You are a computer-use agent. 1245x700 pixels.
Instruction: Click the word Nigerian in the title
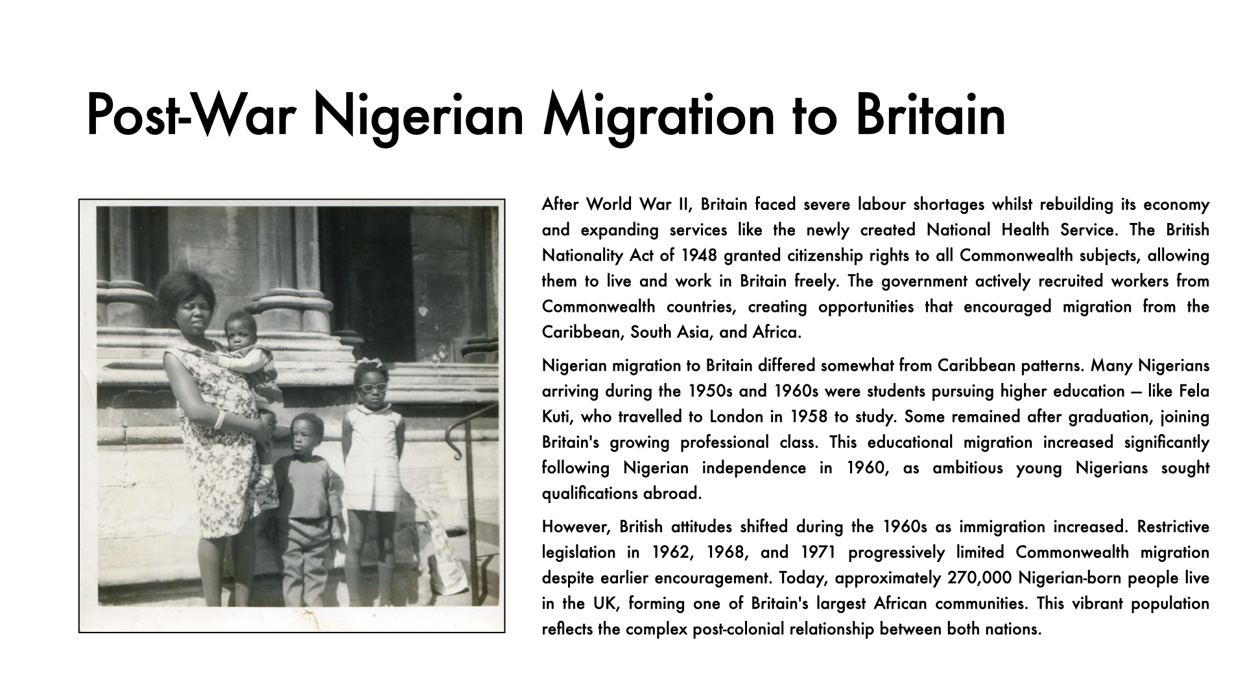pyautogui.click(x=418, y=115)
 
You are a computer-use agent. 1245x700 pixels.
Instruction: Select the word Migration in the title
pyautogui.click(x=659, y=115)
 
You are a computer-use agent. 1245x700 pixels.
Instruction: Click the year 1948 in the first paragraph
pyautogui.click(x=698, y=255)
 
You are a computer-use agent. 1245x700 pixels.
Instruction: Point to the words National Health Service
pyautogui.click(x=1021, y=230)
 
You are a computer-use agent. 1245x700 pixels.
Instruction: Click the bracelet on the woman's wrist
pyautogui.click(x=220, y=419)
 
